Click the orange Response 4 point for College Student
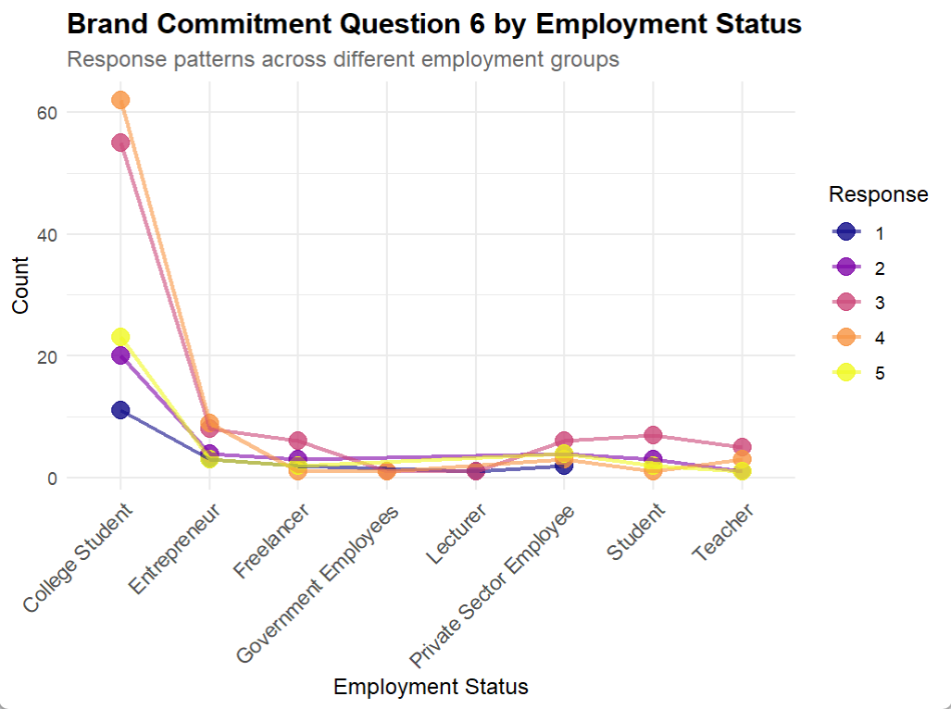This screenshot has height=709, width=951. tap(120, 100)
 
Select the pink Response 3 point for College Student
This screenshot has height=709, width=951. tap(120, 143)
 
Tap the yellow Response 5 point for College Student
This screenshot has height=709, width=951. tap(120, 337)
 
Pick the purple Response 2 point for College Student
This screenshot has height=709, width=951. tap(120, 355)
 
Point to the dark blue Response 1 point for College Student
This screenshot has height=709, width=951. tap(120, 410)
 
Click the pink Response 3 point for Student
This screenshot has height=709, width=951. tap(654, 435)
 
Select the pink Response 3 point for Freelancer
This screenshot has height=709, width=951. tap(298, 441)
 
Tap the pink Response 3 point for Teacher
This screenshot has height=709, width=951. tap(742, 447)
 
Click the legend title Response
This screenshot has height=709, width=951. tap(878, 194)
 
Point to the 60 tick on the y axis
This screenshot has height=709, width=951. tap(47, 112)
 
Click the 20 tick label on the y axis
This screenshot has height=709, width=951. tap(47, 356)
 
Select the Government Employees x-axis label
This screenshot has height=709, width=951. tap(319, 583)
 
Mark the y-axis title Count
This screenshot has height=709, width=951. tap(21, 284)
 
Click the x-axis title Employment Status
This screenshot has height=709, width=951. tap(431, 687)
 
